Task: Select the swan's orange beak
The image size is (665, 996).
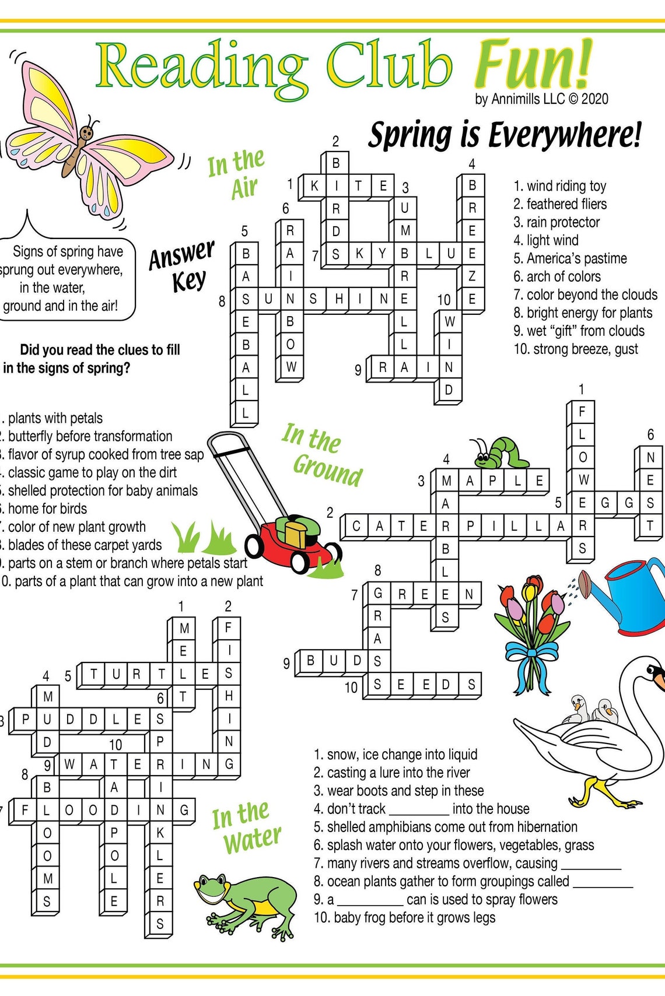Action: coord(659,679)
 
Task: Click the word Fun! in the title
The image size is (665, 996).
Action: coord(532,65)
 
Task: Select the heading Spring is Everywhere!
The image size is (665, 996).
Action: coord(505,135)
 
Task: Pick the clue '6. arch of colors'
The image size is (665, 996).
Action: coord(557,276)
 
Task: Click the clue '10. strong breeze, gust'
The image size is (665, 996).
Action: coord(576,349)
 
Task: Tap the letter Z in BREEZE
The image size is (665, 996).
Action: coord(473,276)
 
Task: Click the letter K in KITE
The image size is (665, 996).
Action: coord(314,186)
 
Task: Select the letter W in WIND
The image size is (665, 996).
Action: coord(449,321)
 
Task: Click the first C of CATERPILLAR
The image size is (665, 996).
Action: coord(356,527)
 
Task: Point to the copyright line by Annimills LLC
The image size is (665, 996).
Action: coord(541,99)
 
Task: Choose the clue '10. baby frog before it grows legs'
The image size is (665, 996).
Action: coord(405,918)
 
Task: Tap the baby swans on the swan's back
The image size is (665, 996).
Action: coord(592,709)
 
